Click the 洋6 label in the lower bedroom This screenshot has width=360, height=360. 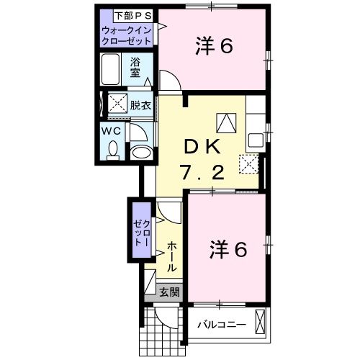coord(229,250)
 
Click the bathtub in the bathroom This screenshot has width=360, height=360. coord(112,71)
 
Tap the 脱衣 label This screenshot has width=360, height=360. coord(140,105)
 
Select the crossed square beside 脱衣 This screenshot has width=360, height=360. coord(117,105)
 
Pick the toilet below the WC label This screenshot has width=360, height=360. coord(112,150)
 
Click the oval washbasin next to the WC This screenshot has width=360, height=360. coord(142,151)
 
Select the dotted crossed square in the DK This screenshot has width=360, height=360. coord(249,164)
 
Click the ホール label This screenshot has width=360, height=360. coord(172,256)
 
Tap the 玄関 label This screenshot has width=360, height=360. coord(170,292)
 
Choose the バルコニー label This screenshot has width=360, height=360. coord(222,324)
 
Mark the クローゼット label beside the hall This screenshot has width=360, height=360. coord(138,235)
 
